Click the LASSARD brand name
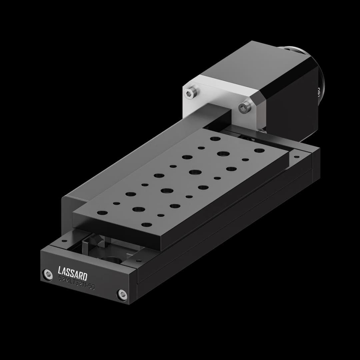tap(72, 273)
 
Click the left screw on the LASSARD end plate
tap(48, 275)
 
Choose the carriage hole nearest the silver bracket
tap(215, 138)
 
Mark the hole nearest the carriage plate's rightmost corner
tap(259, 151)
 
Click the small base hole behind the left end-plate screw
tap(63, 240)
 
